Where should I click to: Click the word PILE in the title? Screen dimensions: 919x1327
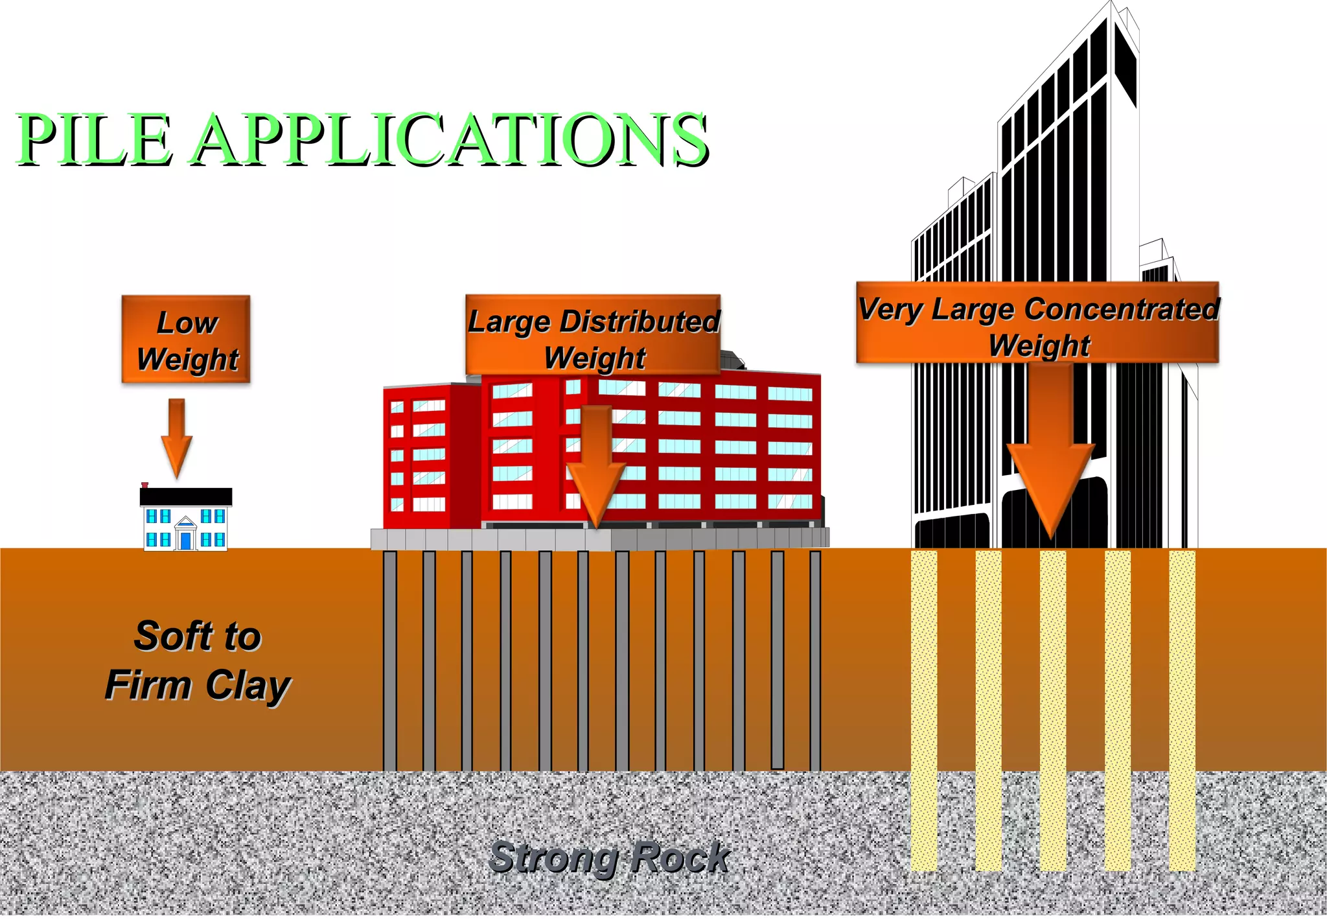click(94, 139)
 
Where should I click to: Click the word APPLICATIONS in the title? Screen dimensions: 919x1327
click(450, 139)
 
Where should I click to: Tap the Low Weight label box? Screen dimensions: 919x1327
click(186, 340)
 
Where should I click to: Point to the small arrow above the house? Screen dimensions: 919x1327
click(176, 437)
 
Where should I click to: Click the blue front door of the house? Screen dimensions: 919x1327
click(185, 541)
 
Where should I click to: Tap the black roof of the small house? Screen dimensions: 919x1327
click(186, 496)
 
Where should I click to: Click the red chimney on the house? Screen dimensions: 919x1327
click(145, 485)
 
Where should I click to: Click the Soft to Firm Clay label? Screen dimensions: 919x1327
click(198, 660)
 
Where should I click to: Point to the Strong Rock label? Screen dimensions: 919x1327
click(609, 857)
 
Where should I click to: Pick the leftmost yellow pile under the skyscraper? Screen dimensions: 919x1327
click(923, 710)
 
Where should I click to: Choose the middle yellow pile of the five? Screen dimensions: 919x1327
click(1053, 710)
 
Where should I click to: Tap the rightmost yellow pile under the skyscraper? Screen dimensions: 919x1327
click(1182, 710)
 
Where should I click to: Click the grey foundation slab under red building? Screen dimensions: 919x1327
click(599, 539)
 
